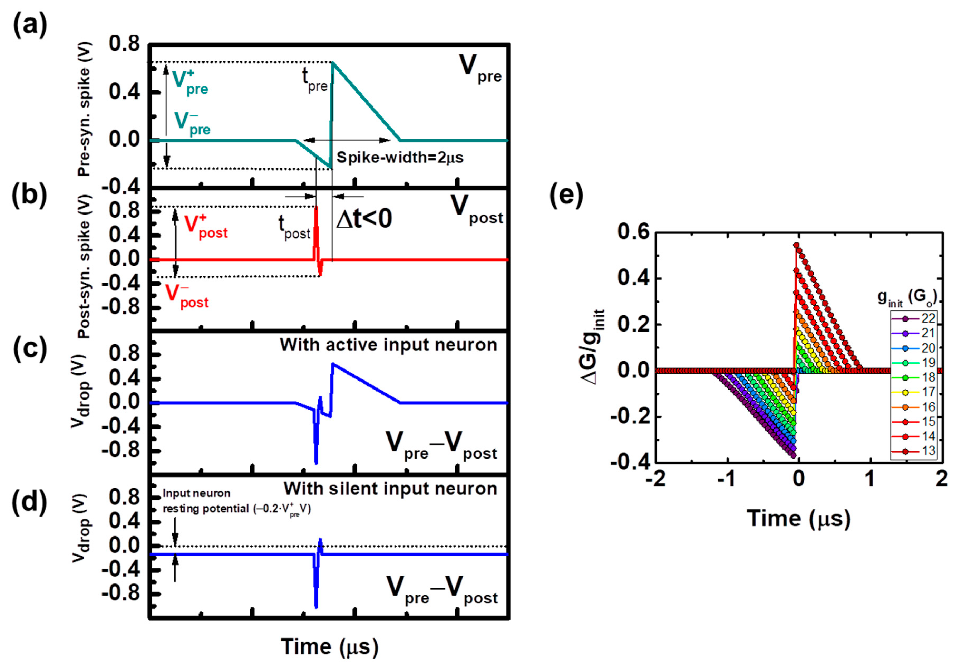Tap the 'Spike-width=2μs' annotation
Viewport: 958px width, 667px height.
click(x=400, y=158)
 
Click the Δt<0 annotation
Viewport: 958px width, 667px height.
click(x=364, y=219)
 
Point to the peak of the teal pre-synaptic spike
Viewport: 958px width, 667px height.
click(x=333, y=62)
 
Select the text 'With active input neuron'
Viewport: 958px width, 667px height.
click(x=388, y=345)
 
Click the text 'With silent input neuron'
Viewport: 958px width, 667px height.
click(x=390, y=489)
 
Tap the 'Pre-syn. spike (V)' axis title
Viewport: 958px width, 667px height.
click(x=84, y=121)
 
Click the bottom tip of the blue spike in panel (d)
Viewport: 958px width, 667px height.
click(x=316, y=607)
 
